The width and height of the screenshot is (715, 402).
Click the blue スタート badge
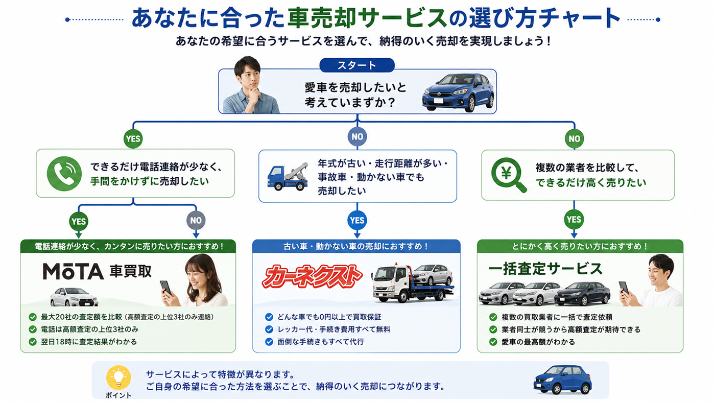357,65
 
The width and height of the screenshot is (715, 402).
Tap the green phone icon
64,174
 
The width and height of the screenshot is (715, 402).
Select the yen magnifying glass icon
509,175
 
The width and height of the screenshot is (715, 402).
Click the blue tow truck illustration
288,177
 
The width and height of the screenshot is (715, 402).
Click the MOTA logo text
73,271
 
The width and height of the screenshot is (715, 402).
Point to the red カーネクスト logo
312,276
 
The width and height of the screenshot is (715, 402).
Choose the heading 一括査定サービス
545,269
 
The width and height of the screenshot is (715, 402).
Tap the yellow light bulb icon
118,378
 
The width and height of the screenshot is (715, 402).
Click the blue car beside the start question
459,92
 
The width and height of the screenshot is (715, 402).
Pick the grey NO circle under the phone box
196,220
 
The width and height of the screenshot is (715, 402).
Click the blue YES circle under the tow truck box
357,220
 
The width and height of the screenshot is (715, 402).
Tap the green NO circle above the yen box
574,138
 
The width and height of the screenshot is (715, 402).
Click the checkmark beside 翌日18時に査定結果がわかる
33,342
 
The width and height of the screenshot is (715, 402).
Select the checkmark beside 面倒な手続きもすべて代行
269,342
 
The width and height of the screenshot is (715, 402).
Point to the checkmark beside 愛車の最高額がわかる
493,342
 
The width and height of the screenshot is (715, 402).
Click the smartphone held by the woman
165,288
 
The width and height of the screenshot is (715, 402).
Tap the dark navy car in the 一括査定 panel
582,293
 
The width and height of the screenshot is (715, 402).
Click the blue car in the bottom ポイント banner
562,380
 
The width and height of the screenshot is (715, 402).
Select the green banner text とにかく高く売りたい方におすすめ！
580,247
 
